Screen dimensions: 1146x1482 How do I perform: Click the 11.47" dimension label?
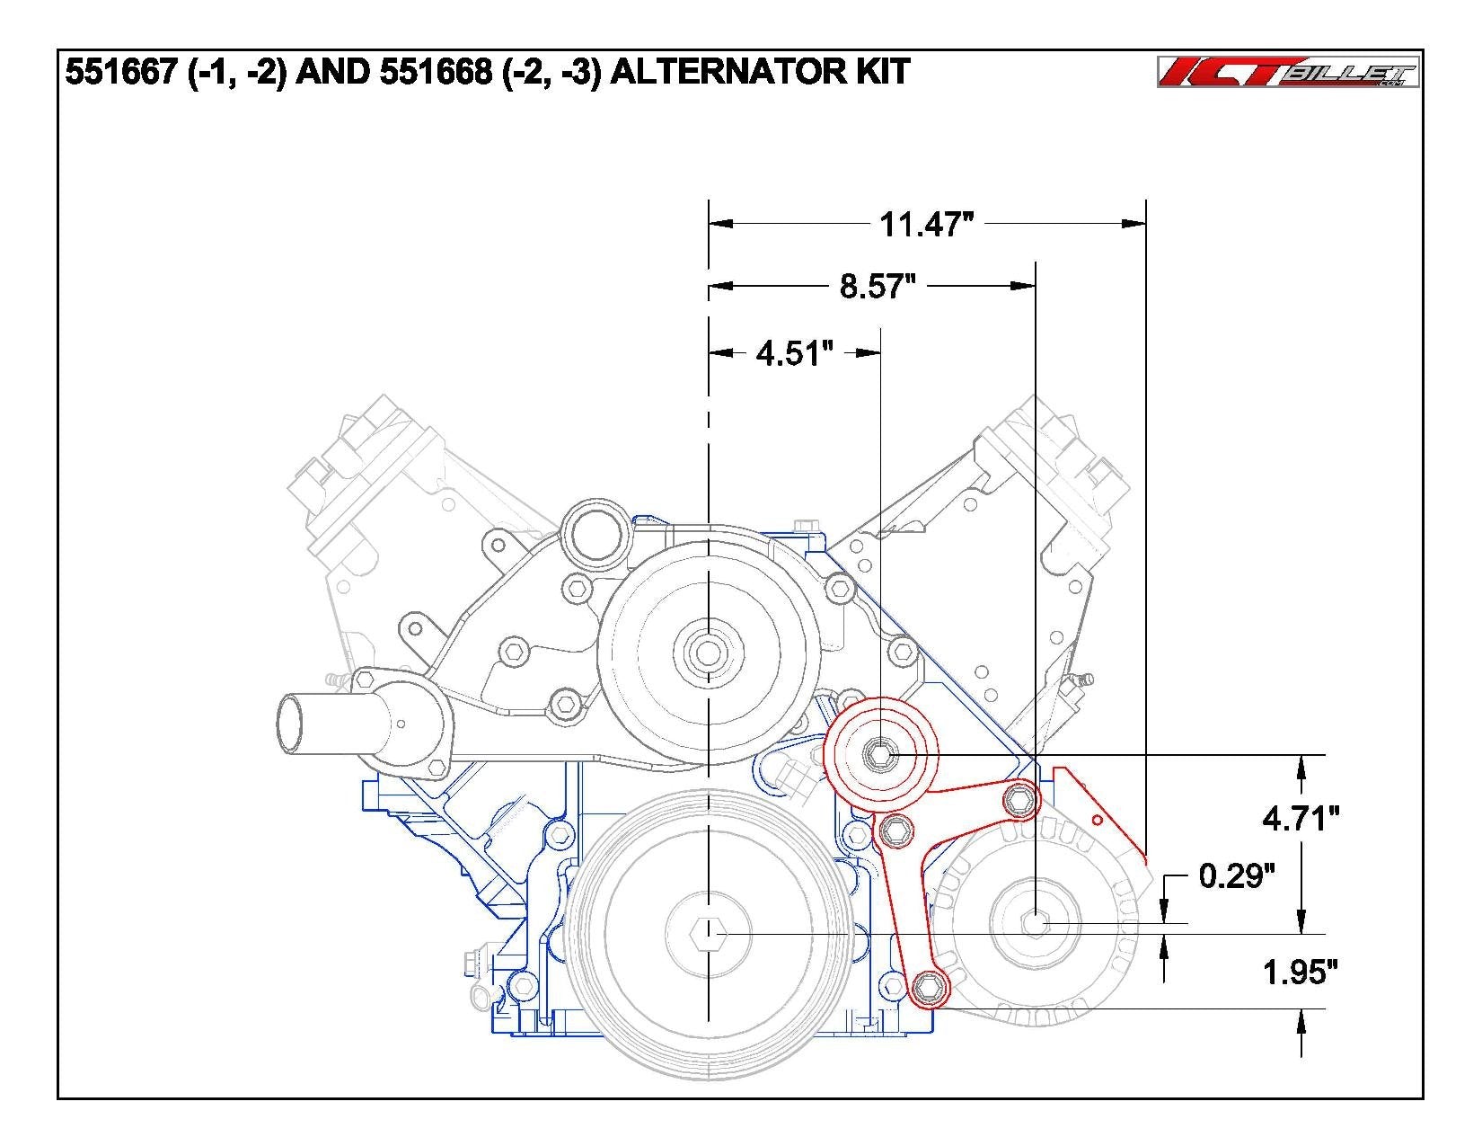[926, 224]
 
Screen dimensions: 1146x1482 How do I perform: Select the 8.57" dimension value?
[877, 287]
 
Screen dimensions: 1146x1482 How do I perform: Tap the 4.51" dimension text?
[789, 354]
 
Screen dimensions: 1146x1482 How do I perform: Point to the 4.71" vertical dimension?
[1300, 819]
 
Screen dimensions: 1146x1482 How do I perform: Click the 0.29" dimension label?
[1237, 875]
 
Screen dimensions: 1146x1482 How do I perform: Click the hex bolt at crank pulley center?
[709, 935]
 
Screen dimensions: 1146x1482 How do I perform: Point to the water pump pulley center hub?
[709, 652]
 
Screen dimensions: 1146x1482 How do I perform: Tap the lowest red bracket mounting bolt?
[929, 990]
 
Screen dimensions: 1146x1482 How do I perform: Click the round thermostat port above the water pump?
[593, 537]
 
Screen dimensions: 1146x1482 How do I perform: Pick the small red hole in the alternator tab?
[1096, 820]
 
